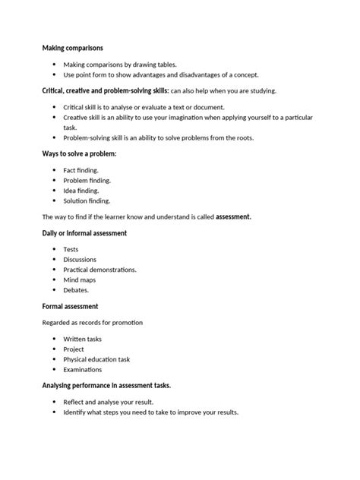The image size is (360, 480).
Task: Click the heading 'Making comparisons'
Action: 72,49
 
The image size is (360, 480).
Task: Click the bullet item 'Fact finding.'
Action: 81,170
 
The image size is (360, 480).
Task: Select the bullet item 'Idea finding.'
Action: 82,191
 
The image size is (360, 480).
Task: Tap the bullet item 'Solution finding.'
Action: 87,201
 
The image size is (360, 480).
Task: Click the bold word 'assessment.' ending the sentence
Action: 233,217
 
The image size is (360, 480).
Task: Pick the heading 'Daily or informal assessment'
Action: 84,233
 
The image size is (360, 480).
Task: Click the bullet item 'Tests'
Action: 71,249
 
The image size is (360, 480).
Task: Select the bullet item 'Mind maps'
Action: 78,279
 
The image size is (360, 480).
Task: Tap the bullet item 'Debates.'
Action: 77,290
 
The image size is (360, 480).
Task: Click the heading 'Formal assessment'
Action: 70,306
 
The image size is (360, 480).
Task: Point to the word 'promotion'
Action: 125,322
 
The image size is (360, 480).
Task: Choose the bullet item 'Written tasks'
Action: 83,339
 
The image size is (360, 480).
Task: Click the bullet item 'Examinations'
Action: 83,369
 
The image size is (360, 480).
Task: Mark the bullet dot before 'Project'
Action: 55,349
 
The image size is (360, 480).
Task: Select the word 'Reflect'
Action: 76,402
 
